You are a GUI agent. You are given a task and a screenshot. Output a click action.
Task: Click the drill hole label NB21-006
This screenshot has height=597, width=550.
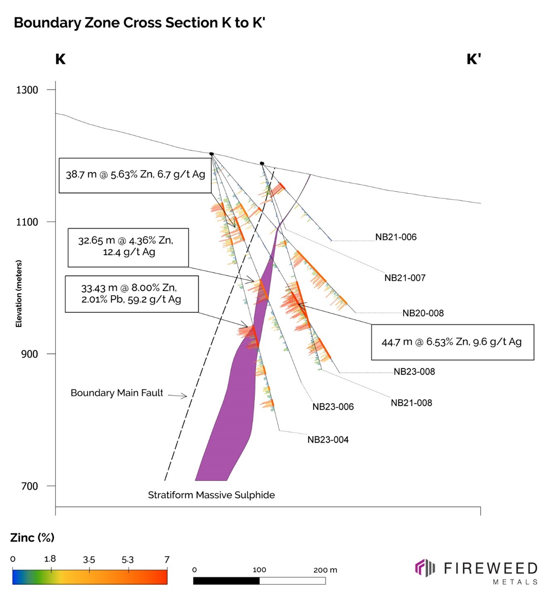(396, 237)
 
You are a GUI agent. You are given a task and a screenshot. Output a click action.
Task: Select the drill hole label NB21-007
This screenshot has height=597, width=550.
(405, 278)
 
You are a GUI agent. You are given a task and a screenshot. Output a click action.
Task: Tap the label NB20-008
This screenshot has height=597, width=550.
(423, 313)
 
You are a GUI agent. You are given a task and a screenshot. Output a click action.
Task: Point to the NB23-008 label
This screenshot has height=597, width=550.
(414, 372)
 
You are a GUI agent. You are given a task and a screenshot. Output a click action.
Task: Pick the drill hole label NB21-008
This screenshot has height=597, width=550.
(411, 403)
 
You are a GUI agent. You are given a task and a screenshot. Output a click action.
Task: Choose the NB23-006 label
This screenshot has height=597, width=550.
(333, 407)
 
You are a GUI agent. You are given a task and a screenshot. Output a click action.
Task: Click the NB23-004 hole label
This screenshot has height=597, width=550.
(328, 440)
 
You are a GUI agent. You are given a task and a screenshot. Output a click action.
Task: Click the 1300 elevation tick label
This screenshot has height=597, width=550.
(27, 90)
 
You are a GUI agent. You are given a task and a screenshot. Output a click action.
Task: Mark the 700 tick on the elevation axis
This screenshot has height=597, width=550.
(29, 486)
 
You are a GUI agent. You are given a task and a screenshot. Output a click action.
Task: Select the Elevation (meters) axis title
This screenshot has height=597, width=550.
(19, 293)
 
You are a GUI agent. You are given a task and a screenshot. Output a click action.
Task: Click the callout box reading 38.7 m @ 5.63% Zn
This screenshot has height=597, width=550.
(135, 175)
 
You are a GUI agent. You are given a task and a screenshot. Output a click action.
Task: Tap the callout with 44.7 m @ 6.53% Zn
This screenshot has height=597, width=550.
(452, 342)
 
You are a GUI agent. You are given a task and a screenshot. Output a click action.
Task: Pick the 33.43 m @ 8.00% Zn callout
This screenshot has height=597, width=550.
(131, 294)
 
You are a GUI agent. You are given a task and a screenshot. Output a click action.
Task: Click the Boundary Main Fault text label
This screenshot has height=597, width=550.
(117, 393)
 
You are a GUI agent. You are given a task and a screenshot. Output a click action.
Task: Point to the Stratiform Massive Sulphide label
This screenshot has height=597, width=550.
(211, 495)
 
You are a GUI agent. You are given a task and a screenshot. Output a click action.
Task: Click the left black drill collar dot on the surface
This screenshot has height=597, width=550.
(211, 154)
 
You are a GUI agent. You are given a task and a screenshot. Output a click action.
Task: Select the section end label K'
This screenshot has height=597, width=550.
(473, 59)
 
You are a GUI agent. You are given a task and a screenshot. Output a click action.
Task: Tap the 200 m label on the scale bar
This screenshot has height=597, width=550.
(325, 570)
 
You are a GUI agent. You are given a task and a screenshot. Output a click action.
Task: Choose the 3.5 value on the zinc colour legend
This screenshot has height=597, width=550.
(89, 560)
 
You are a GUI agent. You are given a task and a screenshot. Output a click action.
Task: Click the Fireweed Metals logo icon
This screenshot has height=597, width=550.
(424, 568)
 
